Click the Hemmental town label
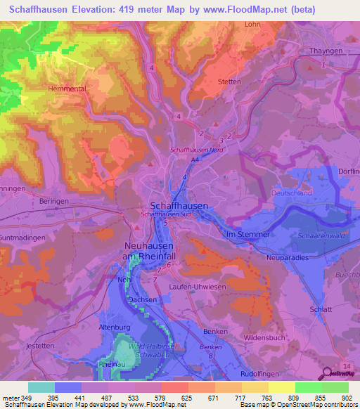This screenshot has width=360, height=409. [x=66, y=89]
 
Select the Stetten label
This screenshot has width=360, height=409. [x=229, y=82]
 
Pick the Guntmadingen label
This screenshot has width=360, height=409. [x=22, y=238]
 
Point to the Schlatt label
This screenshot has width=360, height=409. [x=319, y=309]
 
